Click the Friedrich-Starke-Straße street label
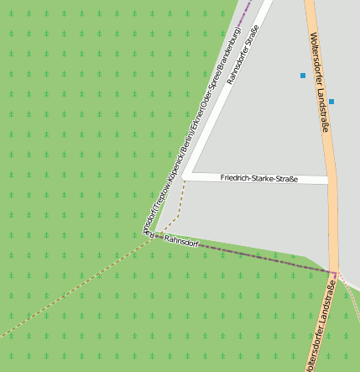(258, 178)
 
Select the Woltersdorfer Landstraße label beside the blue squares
(320, 81)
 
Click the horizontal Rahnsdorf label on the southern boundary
(181, 242)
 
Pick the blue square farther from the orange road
(303, 76)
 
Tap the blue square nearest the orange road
(331, 102)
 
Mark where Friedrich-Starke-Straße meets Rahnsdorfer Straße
(186, 176)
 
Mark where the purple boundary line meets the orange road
(333, 272)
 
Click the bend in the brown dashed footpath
(178, 216)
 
